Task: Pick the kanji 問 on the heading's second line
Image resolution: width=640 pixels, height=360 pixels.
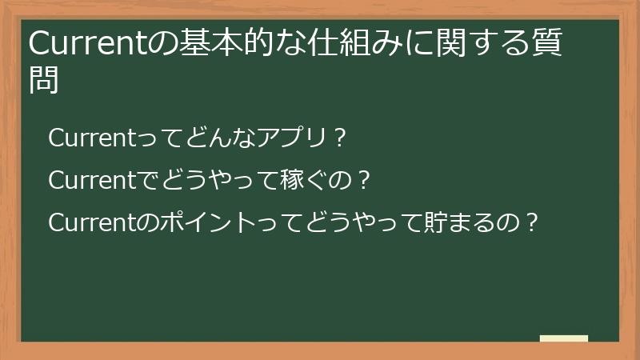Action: pyautogui.click(x=44, y=81)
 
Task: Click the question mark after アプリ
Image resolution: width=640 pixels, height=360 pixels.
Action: pyautogui.click(x=339, y=138)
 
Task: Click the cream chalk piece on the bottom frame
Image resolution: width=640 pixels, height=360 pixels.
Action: pyautogui.click(x=564, y=338)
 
